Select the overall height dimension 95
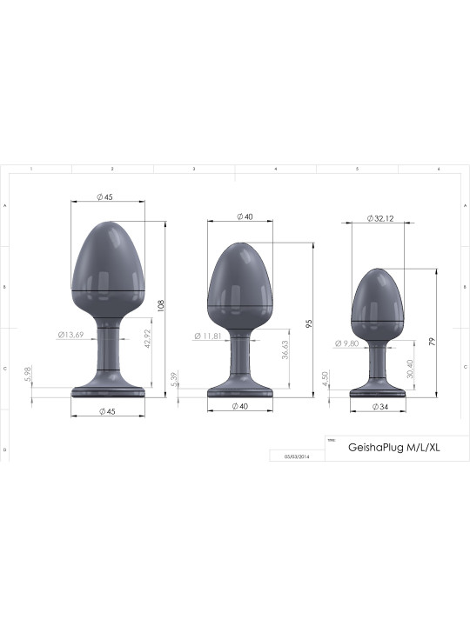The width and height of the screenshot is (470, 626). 309,323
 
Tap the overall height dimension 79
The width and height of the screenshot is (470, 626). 431,341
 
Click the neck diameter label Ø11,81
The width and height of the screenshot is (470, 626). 208,336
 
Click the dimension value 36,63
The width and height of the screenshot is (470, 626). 285,350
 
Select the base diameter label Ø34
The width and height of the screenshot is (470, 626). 379,406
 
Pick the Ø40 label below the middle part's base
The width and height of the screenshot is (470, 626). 241,406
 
